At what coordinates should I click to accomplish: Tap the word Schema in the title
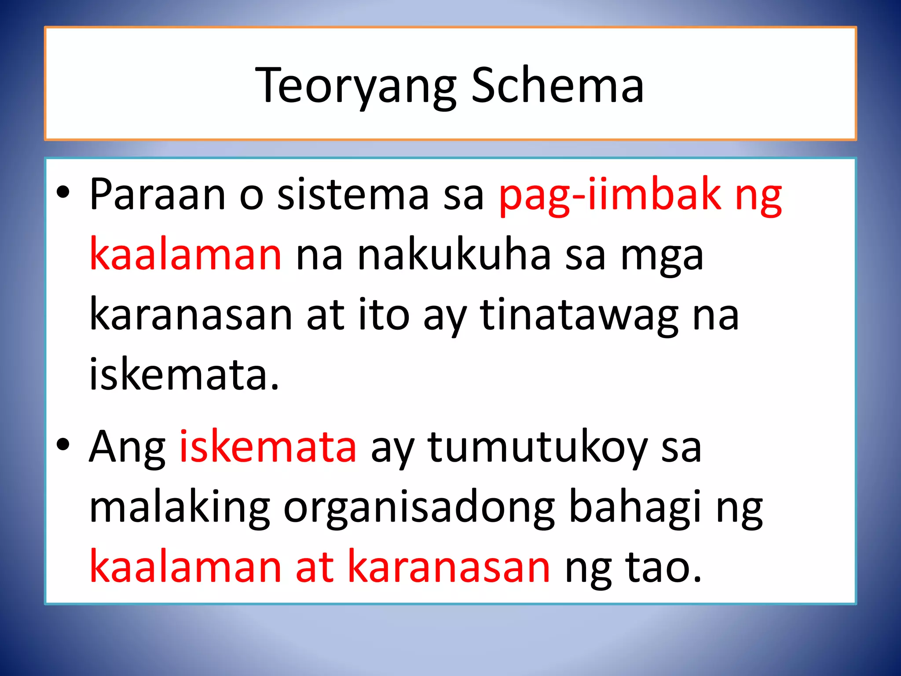[557, 85]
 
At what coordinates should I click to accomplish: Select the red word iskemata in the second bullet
[268, 447]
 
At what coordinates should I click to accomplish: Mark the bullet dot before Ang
[63, 445]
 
